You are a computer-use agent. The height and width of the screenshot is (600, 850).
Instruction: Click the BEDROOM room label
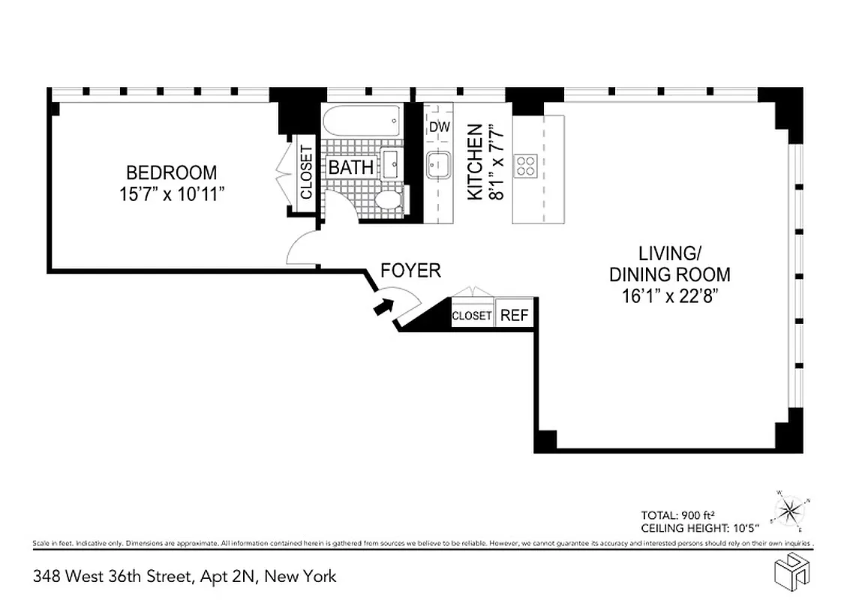pyautogui.click(x=171, y=172)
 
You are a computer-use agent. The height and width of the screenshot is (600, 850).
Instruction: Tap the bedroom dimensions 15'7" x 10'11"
pyautogui.click(x=171, y=194)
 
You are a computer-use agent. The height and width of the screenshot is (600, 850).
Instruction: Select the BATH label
pyautogui.click(x=351, y=167)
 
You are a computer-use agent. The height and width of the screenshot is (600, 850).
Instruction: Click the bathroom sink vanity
pyautogui.click(x=391, y=163)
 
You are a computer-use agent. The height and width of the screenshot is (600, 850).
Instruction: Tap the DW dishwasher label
pyautogui.click(x=439, y=127)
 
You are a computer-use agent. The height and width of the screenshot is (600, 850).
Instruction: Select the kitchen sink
pyautogui.click(x=438, y=164)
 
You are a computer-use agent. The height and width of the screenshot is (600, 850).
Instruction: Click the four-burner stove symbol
pyautogui.click(x=526, y=165)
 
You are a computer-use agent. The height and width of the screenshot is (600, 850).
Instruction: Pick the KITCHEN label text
pyautogui.click(x=474, y=162)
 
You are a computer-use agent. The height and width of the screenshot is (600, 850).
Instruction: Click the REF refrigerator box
pyautogui.click(x=515, y=315)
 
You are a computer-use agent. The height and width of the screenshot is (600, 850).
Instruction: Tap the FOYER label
pyautogui.click(x=410, y=271)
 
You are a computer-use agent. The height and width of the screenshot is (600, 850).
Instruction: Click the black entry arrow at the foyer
pyautogui.click(x=383, y=305)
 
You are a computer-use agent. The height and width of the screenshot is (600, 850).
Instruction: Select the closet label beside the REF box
pyautogui.click(x=472, y=316)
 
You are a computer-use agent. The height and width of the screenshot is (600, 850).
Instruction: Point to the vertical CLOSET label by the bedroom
pyautogui.click(x=306, y=172)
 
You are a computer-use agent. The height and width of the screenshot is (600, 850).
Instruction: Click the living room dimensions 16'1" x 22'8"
pyautogui.click(x=665, y=296)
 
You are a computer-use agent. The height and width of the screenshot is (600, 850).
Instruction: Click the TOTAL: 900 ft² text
pyautogui.click(x=677, y=514)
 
